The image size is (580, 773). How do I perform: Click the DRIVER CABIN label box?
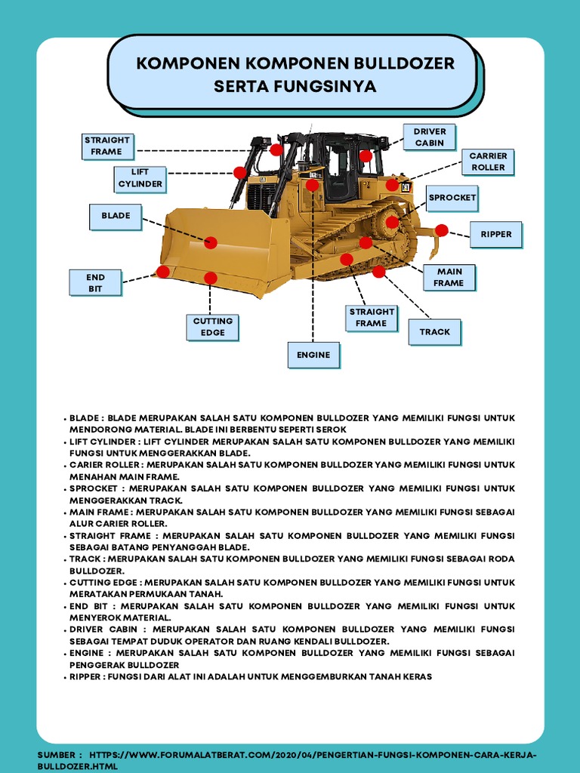tap(429, 137)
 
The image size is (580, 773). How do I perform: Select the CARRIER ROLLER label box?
tap(487, 162)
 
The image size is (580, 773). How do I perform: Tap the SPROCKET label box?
tap(452, 198)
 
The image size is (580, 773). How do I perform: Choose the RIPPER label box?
tap(495, 234)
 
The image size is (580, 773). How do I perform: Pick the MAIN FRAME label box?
tap(449, 277)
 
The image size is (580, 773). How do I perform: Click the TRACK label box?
tap(434, 331)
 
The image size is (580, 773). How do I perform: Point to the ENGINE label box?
tap(313, 354)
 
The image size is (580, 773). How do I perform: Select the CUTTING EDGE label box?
tap(212, 326)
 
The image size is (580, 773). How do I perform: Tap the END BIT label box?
tap(94, 282)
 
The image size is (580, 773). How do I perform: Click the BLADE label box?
tap(116, 216)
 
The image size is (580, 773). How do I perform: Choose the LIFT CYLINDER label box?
tap(140, 177)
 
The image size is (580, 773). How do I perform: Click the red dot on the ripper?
tap(442, 230)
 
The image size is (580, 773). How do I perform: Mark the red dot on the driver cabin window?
tap(366, 156)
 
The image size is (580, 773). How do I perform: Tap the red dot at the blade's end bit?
tap(163, 271)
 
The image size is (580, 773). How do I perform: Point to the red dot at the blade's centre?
tap(211, 242)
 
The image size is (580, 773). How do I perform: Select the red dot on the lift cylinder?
tap(240, 173)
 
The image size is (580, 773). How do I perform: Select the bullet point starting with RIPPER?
tap(249, 676)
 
